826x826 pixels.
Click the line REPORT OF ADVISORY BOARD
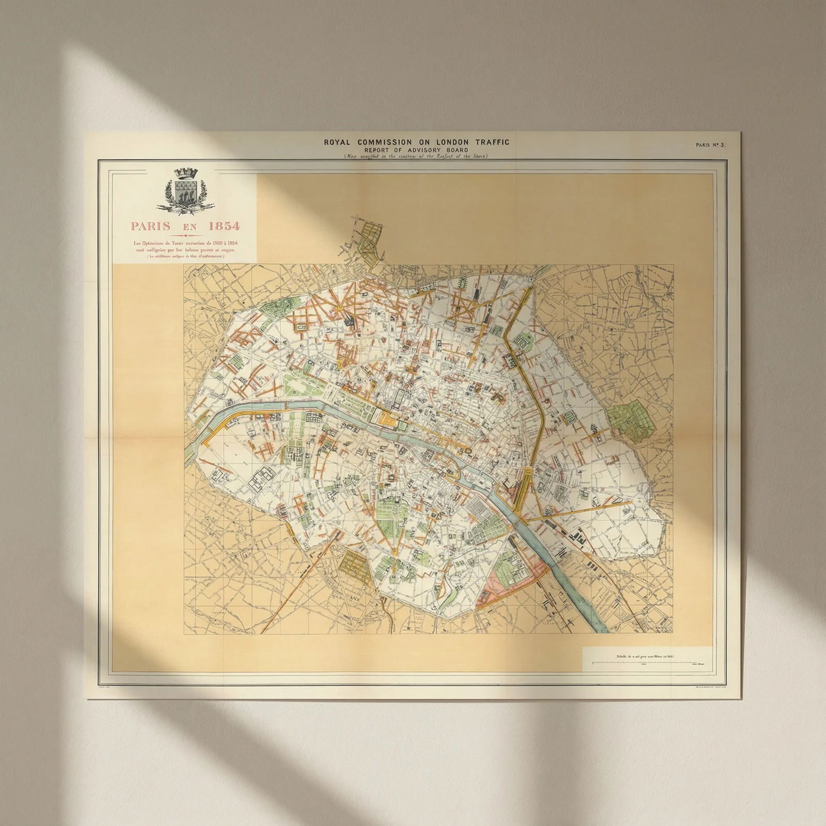(416, 150)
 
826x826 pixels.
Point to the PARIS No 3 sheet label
(710, 145)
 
